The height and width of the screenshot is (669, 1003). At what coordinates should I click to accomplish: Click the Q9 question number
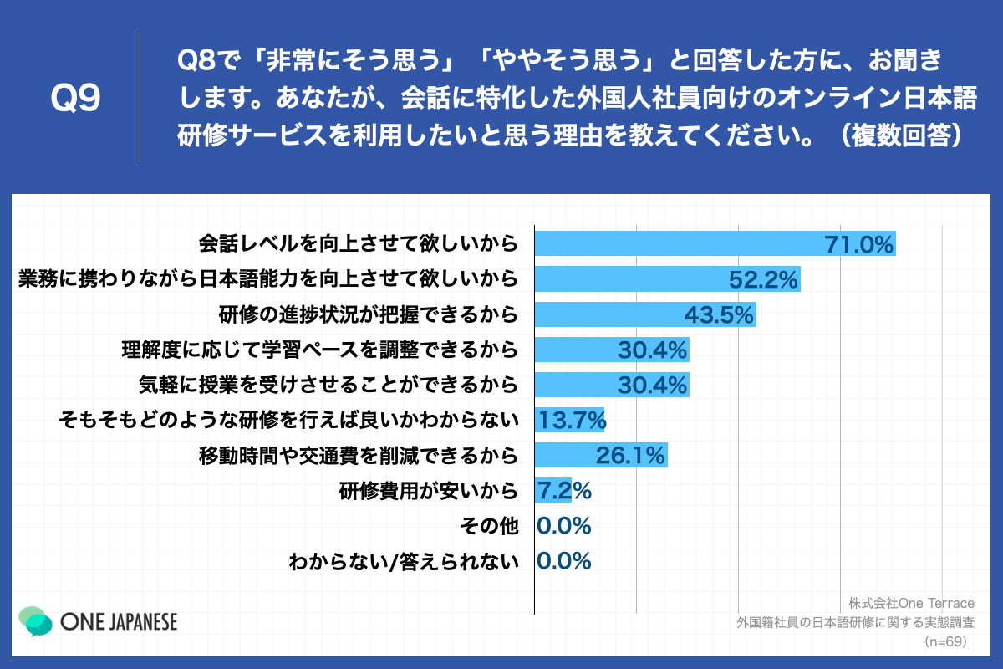click(x=75, y=99)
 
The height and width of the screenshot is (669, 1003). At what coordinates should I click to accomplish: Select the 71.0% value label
click(x=859, y=244)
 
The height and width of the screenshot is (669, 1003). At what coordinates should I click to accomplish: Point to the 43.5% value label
click(x=719, y=314)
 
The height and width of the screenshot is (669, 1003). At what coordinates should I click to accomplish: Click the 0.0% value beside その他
click(x=563, y=526)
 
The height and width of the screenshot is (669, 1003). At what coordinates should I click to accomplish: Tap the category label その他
click(x=489, y=526)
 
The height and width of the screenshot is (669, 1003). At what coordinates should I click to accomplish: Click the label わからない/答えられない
click(x=403, y=561)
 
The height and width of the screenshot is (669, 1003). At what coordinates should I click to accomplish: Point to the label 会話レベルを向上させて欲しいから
click(x=358, y=244)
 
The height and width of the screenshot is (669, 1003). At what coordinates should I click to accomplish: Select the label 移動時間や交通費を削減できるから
click(x=358, y=456)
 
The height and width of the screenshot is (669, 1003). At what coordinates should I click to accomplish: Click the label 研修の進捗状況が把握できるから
click(x=368, y=314)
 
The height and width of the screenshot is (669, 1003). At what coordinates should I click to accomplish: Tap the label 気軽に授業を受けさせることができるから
click(x=328, y=385)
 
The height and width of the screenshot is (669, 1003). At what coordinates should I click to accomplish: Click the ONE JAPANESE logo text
click(x=119, y=622)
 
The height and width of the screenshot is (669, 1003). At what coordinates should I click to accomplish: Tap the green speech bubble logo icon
click(x=36, y=620)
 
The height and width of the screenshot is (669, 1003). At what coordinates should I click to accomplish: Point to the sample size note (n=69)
click(x=944, y=641)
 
